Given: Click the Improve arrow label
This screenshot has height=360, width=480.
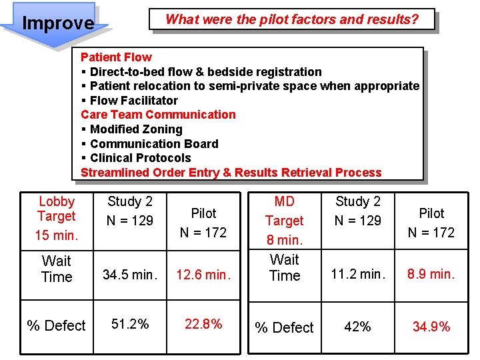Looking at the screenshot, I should tap(58, 23).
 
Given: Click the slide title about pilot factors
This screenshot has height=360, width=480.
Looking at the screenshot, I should tap(292, 19).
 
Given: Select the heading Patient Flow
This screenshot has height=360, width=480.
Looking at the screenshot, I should tap(116, 57).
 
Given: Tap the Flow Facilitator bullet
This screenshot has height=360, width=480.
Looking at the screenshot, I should tap(133, 101).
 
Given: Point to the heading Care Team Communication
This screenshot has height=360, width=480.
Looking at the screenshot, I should tap(158, 115).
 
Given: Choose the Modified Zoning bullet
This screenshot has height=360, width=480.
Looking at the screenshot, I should tap(135, 129).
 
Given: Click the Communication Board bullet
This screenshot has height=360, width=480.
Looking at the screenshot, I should tap(153, 144).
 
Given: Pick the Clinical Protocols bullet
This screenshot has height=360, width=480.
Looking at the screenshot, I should tap(140, 158).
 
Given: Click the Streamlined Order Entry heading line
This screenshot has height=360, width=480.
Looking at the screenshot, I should tap(231, 173).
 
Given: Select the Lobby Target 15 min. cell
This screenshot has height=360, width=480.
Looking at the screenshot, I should tap(57, 218).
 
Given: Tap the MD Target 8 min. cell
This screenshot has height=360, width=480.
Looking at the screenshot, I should tap(285, 220).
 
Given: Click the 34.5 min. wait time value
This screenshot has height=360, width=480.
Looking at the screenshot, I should tap(130, 274).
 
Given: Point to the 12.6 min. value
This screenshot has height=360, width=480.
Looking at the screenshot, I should tap(203, 274).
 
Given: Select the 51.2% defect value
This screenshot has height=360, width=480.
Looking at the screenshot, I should tap(130, 324).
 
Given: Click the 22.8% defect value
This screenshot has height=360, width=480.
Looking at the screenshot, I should tap(203, 324).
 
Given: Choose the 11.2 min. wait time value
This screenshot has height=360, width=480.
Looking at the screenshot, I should tap(358, 274).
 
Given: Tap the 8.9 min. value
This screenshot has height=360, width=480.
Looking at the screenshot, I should tap(431, 274).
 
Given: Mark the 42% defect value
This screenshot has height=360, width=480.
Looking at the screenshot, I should tap(358, 327).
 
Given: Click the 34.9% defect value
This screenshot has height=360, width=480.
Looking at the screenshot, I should tap(431, 327).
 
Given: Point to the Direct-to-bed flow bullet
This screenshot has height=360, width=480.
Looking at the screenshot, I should tap(205, 72).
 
